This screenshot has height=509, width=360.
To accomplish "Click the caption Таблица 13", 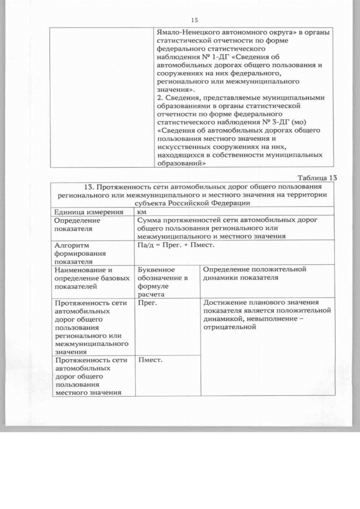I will click(x=317, y=177).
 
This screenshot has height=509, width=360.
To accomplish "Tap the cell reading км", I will click(x=142, y=212).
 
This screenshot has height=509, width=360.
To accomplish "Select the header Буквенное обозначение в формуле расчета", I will click(x=163, y=281).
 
